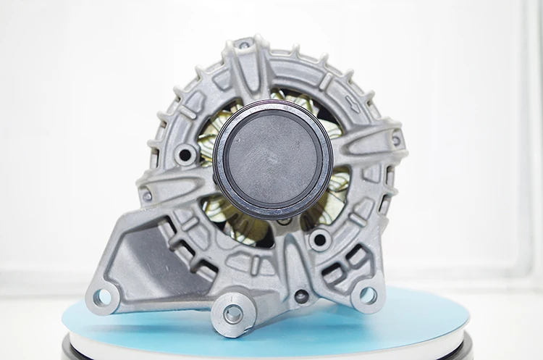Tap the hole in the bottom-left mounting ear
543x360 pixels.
pos(103,296)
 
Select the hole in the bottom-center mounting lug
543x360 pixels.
pos(232,314)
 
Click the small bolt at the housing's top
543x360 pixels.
pos(245,45)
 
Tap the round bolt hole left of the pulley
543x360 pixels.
pos(185,154)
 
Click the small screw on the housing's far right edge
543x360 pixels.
pos(395,140)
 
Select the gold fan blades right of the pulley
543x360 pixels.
pos(338,181)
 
